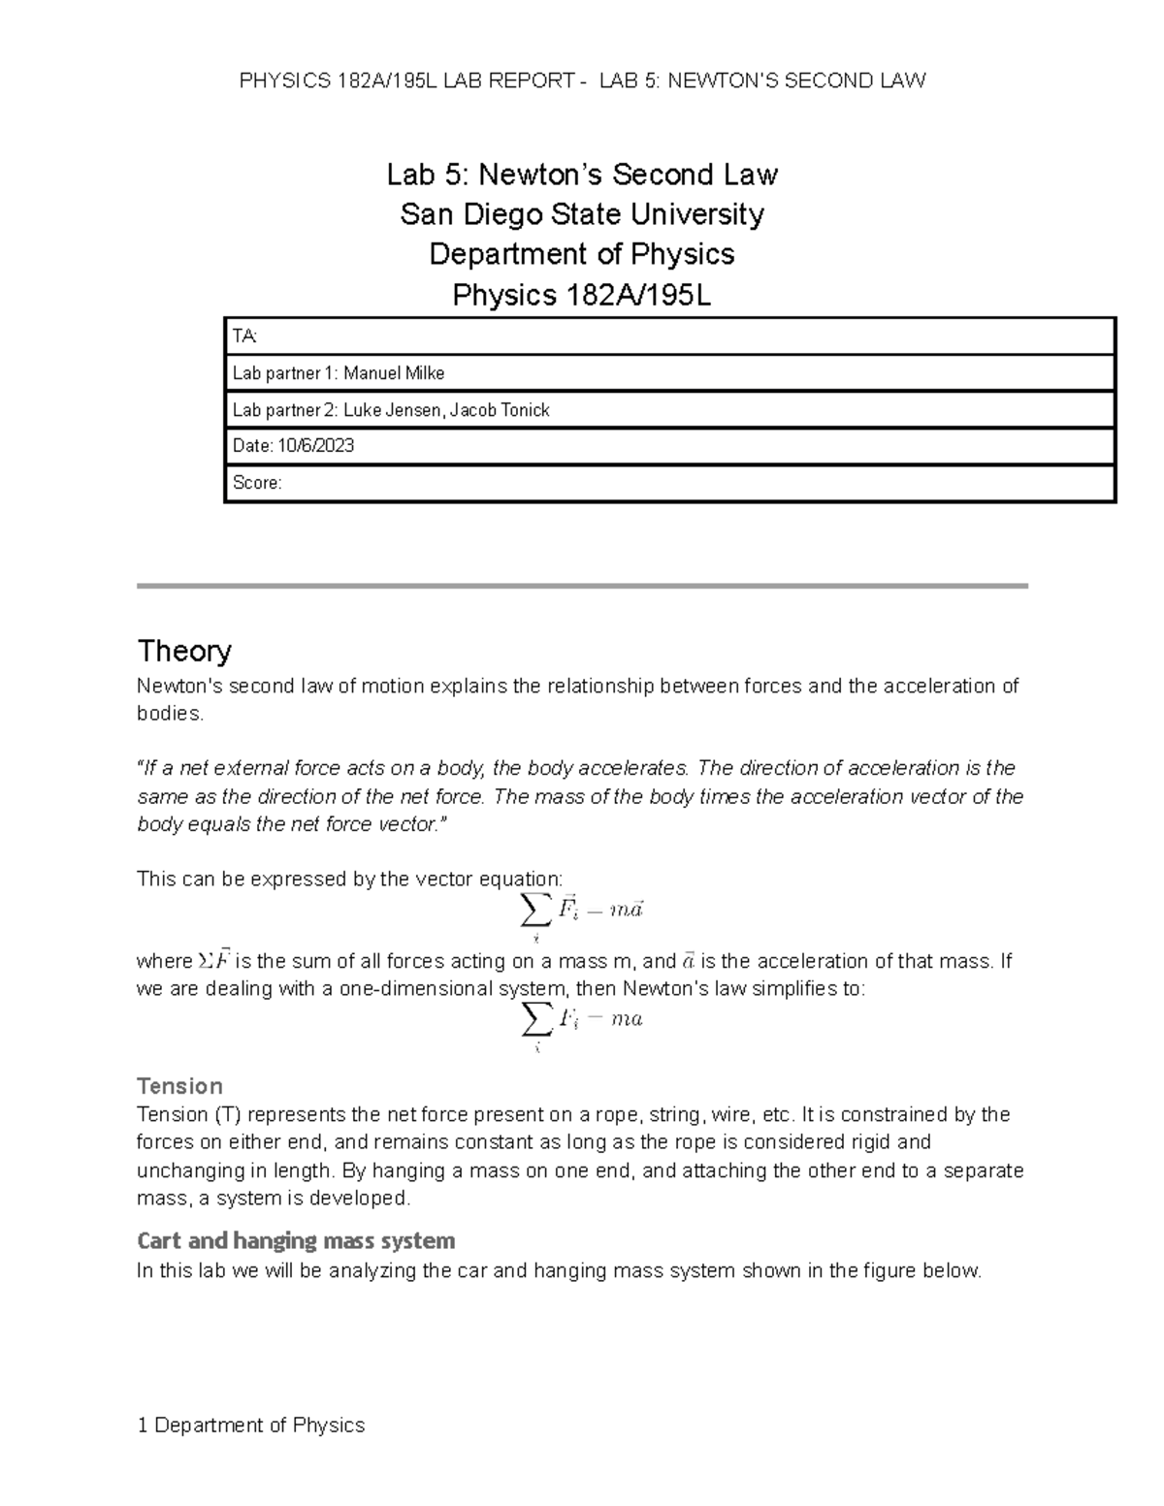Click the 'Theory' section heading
(x=184, y=651)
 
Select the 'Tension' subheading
(x=179, y=1085)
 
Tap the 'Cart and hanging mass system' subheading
(x=296, y=1241)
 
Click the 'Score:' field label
(x=257, y=483)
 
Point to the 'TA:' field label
(x=244, y=336)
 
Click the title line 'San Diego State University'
(x=582, y=214)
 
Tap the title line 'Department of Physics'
(x=582, y=254)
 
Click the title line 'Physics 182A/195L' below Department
(x=582, y=295)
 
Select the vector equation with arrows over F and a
(x=582, y=912)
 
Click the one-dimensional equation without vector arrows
(x=582, y=1020)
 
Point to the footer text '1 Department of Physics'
(x=251, y=1425)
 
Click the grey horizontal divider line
(x=582, y=586)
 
